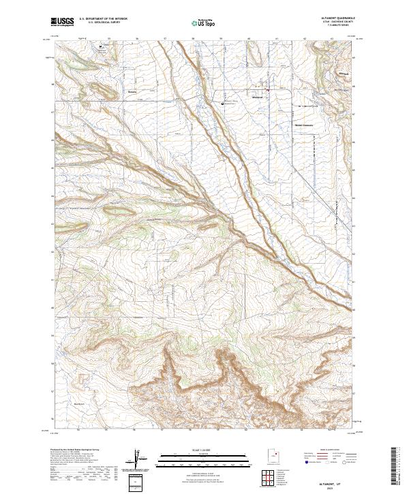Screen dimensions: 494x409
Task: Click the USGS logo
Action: pyautogui.click(x=63, y=22)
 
